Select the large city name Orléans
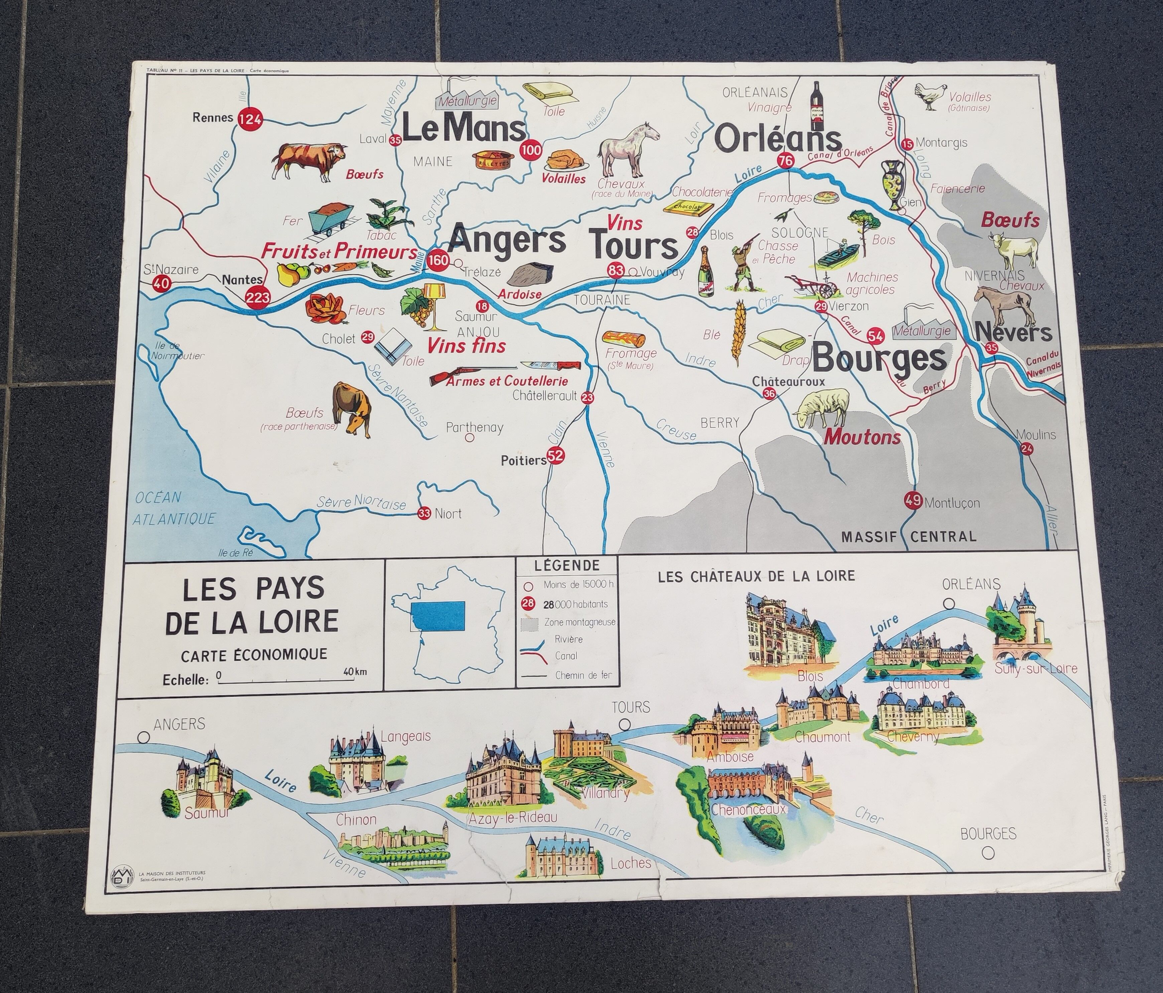(779, 140)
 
